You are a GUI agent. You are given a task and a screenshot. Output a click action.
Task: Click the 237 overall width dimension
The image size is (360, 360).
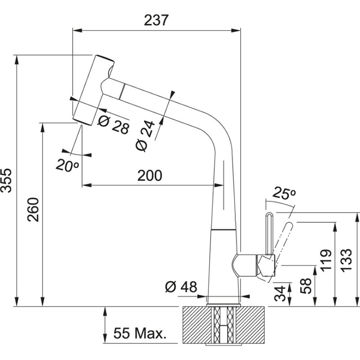(x=156, y=20)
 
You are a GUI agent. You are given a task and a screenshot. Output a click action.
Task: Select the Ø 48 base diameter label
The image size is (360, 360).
(x=181, y=287)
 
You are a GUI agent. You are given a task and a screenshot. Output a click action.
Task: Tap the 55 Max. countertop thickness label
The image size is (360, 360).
(x=139, y=333)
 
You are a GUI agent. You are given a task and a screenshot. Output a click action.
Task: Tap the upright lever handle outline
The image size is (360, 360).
(x=268, y=232)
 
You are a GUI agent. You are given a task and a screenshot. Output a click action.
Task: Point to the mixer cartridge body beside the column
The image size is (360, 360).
(x=245, y=265)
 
